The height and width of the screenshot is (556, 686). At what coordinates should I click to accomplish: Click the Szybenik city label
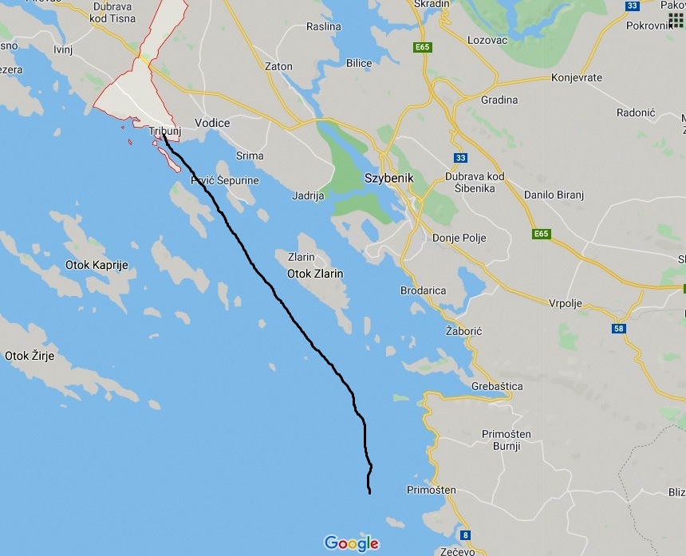point(388,178)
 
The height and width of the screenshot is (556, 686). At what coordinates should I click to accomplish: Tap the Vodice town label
point(212,123)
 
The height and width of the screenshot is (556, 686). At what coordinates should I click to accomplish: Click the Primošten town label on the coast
point(431,490)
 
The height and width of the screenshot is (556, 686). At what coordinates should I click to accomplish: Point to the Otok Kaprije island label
point(99,265)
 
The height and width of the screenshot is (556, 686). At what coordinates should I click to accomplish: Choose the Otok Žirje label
point(30,356)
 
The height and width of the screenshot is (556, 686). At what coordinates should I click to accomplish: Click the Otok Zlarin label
point(315,274)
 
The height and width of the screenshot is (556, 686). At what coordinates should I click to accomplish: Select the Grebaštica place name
point(497,386)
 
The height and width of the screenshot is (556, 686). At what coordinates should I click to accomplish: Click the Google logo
point(351,543)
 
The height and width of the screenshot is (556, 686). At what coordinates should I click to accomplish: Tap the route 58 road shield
point(619,328)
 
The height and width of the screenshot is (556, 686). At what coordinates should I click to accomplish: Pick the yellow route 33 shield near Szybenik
point(460,158)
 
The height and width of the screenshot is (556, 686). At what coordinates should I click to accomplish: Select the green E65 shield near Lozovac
point(423,48)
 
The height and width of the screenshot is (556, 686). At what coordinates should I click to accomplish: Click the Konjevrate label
point(577,78)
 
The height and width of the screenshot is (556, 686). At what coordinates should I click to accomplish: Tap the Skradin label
point(432,4)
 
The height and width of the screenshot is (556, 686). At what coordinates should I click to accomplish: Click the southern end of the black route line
point(369,493)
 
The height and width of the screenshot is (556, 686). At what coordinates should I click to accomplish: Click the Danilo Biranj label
point(557,195)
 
